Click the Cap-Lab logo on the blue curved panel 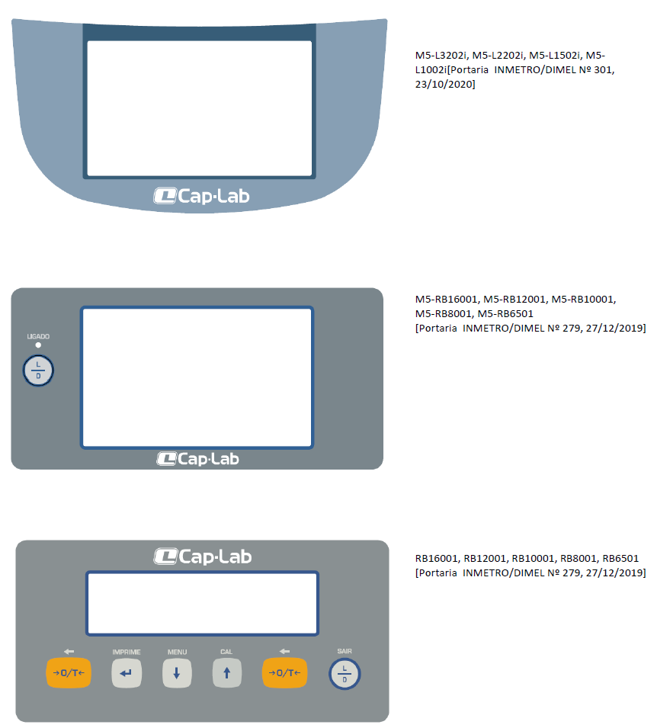[x=201, y=196]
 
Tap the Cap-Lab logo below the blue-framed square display [x=197, y=459]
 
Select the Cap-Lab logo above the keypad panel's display [x=203, y=556]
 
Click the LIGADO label [x=38, y=336]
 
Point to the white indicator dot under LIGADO [x=38, y=345]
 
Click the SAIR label [x=345, y=651]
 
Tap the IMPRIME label [x=127, y=652]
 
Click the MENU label [x=177, y=652]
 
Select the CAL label [x=226, y=652]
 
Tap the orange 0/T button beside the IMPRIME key [x=69, y=673]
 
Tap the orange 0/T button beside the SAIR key [x=284, y=673]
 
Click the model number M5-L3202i [x=441, y=55]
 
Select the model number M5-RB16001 [x=446, y=299]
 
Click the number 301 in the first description [x=603, y=69]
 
